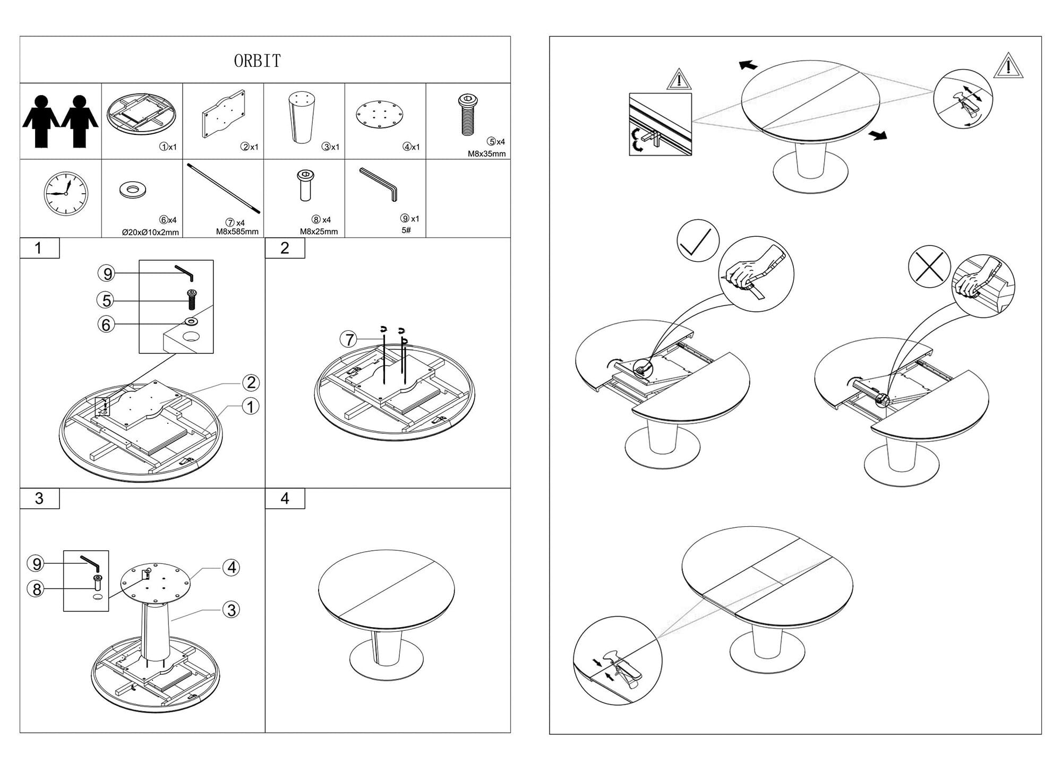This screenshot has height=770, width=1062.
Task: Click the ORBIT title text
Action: pos(257,61)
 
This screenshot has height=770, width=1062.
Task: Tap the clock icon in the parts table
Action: pos(65,193)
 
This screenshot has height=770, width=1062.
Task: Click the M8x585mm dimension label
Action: pos(237,232)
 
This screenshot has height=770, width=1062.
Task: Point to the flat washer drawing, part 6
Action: pos(133,190)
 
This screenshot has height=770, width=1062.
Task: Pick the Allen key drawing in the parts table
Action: pos(378,184)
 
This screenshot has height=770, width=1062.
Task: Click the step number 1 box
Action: pos(39,248)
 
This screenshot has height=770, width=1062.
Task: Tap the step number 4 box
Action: pos(285,499)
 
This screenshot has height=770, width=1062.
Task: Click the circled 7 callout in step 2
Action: pos(349,339)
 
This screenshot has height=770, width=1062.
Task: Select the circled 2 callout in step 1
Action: pos(251,382)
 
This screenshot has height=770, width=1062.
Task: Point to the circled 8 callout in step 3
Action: pos(37,589)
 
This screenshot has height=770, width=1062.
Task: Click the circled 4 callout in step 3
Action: pos(231,568)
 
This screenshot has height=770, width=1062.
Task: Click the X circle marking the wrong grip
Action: pos(929,267)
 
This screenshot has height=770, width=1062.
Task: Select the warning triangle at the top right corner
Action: pos(1007,66)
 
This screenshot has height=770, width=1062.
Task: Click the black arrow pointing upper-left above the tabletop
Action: pos(748,65)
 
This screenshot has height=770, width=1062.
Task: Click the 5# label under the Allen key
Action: pos(406,230)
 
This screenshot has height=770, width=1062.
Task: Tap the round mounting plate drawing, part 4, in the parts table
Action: pos(380,115)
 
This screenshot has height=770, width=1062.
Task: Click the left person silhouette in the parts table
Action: pos(41,121)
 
